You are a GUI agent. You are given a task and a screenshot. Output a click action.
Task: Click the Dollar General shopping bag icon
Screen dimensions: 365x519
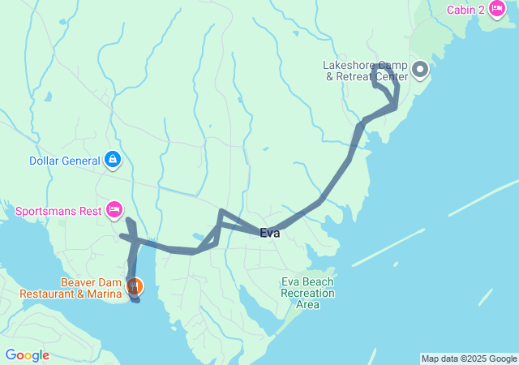(x=114, y=160)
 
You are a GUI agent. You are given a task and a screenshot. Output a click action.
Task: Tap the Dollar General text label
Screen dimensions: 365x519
(x=65, y=161)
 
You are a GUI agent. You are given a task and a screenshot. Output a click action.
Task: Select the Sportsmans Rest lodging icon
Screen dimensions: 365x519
(x=114, y=212)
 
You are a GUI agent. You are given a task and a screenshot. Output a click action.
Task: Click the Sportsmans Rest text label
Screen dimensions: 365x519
(x=58, y=212)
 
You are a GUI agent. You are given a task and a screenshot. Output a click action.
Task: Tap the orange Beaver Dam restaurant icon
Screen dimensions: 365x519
(x=134, y=286)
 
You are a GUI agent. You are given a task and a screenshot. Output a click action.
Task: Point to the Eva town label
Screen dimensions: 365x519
(x=270, y=233)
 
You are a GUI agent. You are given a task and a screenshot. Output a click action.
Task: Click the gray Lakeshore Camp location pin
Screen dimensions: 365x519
(x=420, y=71)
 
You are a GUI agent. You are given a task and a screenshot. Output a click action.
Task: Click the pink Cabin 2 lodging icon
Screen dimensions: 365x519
(x=495, y=10)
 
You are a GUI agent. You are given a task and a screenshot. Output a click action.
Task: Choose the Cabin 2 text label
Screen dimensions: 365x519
(x=465, y=10)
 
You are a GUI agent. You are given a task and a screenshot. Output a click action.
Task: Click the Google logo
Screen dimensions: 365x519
(x=27, y=355)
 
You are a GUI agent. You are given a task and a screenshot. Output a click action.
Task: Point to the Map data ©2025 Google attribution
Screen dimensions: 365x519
(x=469, y=359)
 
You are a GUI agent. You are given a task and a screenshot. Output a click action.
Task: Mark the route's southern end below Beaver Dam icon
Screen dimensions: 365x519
(x=136, y=301)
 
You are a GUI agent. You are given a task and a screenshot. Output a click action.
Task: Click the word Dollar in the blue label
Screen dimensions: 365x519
(x=45, y=161)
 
